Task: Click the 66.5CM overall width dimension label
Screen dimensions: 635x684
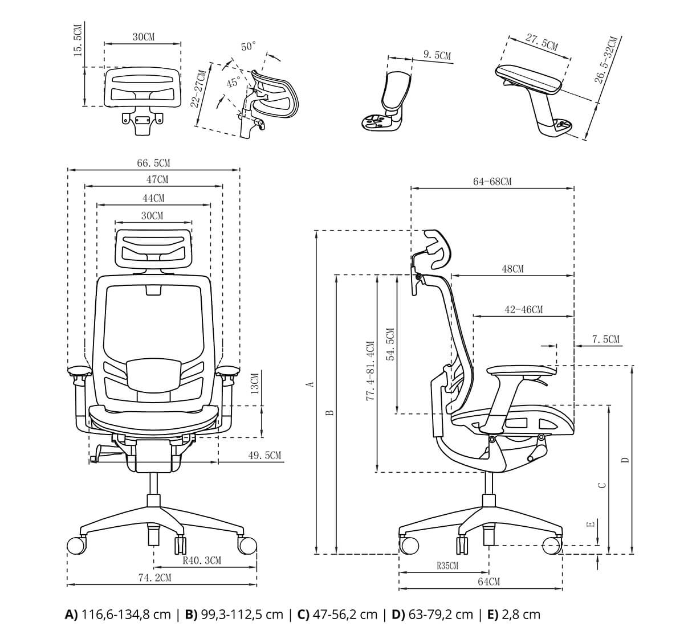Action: (153, 163)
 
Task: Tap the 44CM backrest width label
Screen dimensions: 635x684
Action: (153, 198)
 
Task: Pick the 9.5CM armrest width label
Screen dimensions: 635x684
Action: (437, 55)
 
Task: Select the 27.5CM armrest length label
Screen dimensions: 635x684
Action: (541, 42)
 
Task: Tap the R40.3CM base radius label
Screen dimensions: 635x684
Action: (202, 560)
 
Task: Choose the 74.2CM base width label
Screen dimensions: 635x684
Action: (154, 577)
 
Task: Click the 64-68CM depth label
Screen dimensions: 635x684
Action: (492, 181)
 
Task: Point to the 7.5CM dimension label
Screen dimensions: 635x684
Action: (605, 339)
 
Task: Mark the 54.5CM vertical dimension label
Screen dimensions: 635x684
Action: (390, 345)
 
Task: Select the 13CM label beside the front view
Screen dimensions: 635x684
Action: (255, 383)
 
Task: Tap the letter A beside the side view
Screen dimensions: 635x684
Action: (310, 384)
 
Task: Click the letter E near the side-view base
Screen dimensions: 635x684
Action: (591, 523)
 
